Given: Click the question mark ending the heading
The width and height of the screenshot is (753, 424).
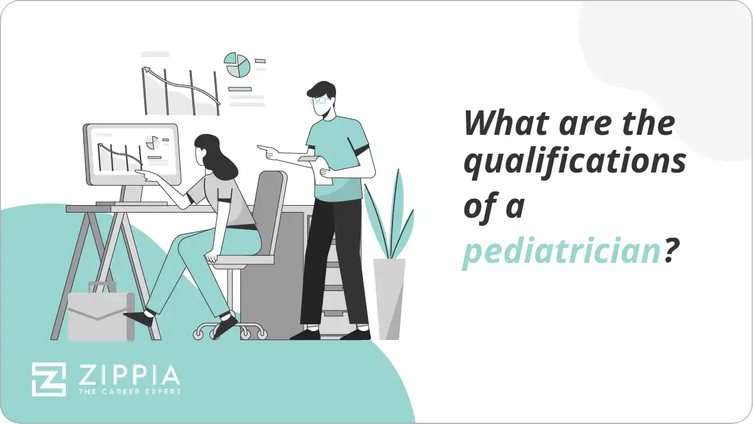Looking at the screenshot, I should coord(671,251).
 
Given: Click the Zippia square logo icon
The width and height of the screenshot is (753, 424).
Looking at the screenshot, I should coord(49,379).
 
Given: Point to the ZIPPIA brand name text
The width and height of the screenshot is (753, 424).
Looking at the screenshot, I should coord(128,375).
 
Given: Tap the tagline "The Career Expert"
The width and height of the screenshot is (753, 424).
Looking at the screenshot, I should coord(128,393).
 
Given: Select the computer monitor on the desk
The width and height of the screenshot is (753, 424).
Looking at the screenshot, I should coord(131,154).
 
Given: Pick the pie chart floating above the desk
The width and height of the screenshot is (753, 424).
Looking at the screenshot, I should coord(238,65).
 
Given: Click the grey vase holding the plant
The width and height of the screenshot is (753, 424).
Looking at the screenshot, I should coord(389,299).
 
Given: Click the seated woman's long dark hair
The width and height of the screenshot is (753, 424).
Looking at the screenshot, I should coord(216,157).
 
